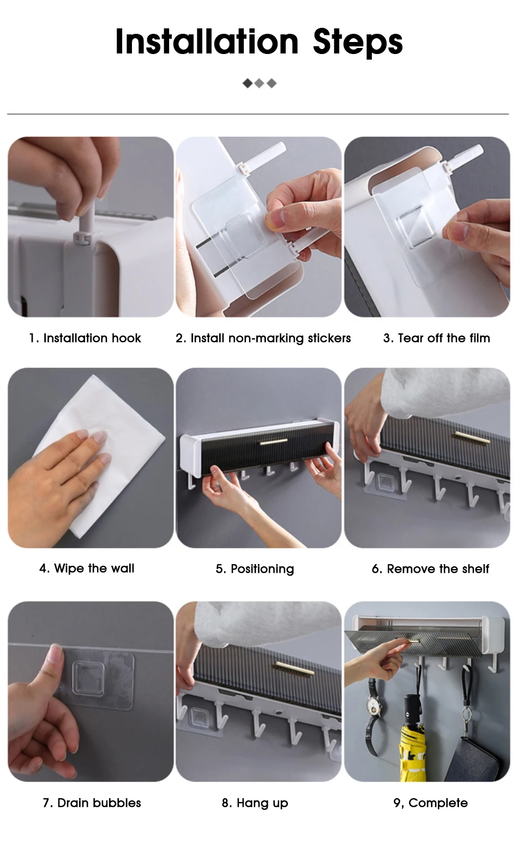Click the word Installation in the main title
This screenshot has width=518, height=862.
(x=207, y=41)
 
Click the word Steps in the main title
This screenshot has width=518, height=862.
(x=358, y=43)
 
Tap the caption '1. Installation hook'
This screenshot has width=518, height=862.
(x=85, y=338)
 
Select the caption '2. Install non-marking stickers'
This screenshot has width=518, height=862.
(x=263, y=338)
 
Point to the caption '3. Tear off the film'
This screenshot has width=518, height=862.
(x=436, y=338)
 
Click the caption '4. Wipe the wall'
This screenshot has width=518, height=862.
(x=87, y=568)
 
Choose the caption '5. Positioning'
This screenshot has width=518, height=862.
(x=255, y=569)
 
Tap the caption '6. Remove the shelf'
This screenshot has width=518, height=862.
(x=430, y=569)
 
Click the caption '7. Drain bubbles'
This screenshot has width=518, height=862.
(x=92, y=803)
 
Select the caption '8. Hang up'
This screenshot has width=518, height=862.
(x=255, y=803)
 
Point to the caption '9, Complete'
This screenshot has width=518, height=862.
(x=430, y=803)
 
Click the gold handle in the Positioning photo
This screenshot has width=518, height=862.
(x=273, y=442)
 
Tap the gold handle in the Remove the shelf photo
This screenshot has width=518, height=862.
(x=472, y=437)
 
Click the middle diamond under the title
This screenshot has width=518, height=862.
(x=260, y=83)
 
